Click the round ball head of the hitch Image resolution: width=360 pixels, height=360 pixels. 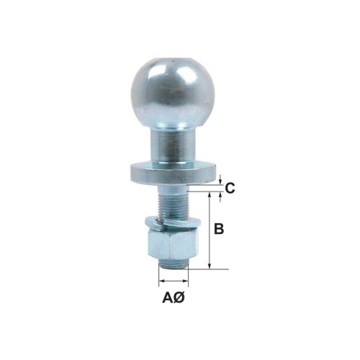pos(173,93)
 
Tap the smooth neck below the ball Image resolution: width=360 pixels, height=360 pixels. pos(173,146)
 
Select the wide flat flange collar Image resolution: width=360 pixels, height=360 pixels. pos(173,173)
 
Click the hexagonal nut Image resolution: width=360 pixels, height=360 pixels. pos(173,244)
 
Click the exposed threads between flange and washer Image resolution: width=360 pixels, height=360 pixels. pos(173,205)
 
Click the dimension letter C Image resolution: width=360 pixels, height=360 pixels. pos(230,189)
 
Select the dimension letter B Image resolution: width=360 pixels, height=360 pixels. pos(219,228)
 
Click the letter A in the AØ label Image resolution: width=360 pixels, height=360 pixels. pos(168,298)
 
